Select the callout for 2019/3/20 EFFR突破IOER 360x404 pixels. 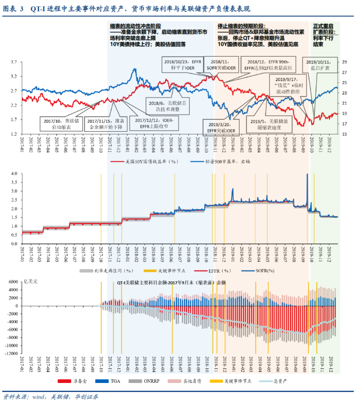tap(220, 128)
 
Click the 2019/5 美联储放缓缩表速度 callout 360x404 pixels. tap(264, 125)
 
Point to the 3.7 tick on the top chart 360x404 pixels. tap(14, 62)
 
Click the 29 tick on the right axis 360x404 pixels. tap(344, 62)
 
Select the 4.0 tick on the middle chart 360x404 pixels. tap(14, 174)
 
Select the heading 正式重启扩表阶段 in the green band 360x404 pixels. tap(324, 29)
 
